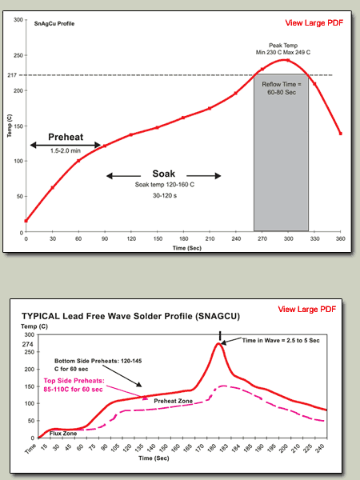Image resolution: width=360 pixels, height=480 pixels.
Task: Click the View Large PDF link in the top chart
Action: coord(314,22)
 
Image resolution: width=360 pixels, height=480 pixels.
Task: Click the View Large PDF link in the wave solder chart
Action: coord(306,309)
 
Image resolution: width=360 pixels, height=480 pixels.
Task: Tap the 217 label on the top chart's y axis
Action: coord(12,74)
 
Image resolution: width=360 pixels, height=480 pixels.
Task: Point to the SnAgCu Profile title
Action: coord(54,23)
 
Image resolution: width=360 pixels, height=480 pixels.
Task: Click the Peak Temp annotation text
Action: coord(283,49)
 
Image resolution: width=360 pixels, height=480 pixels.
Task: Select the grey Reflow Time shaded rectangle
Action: coord(281,152)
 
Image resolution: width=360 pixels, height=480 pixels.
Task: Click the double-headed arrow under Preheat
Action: coord(66,145)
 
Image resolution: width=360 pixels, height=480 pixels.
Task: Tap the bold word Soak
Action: coord(164,174)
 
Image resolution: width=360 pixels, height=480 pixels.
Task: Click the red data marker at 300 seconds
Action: coord(288,60)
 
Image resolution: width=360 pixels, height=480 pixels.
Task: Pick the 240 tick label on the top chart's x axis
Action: coord(236,238)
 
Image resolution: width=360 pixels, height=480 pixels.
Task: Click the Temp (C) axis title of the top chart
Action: coord(10,126)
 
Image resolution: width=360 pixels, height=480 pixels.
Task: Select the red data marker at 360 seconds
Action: coord(341,134)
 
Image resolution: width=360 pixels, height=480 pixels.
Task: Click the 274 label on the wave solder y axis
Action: coord(27,344)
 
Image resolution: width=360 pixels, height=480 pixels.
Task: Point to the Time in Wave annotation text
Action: coord(281,341)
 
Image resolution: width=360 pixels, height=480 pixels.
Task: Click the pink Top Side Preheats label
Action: coord(74,385)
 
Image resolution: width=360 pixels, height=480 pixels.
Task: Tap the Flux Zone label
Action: coord(63,433)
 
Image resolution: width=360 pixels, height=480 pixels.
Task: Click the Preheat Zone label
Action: coord(174,401)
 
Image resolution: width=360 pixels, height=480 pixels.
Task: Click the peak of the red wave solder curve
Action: coord(218,343)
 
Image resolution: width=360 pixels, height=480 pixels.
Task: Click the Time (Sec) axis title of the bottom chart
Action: coord(154,458)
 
